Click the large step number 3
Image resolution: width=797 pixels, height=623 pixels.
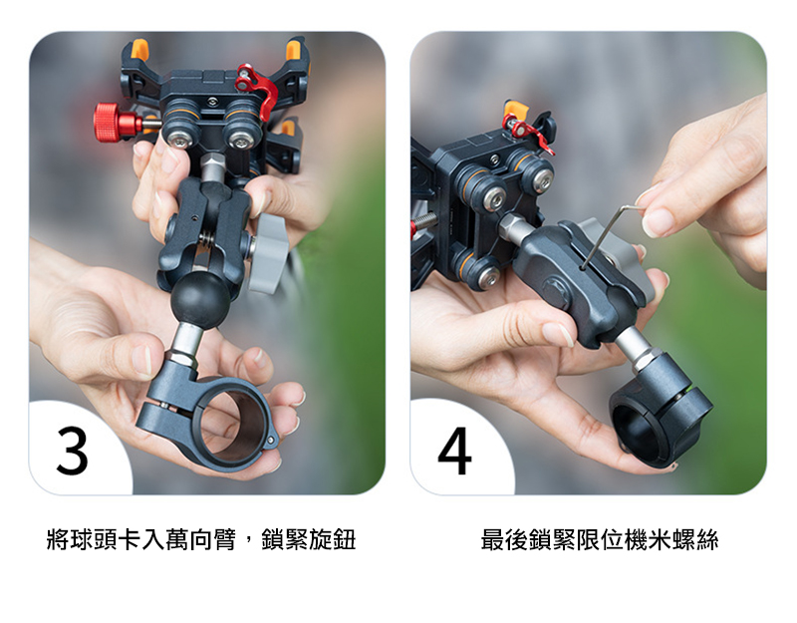[x=72, y=451]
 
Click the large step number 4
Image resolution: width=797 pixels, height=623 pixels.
[x=455, y=451]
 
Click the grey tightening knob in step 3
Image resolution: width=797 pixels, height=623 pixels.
[x=268, y=253]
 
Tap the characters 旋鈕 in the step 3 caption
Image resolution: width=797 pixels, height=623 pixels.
[x=332, y=539]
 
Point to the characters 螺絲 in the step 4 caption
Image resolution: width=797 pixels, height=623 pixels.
[x=694, y=539]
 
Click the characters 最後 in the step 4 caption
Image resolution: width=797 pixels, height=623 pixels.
[x=504, y=539]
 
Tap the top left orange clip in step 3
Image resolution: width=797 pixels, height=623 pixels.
[x=139, y=49]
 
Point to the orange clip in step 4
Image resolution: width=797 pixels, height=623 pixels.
[x=516, y=109]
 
